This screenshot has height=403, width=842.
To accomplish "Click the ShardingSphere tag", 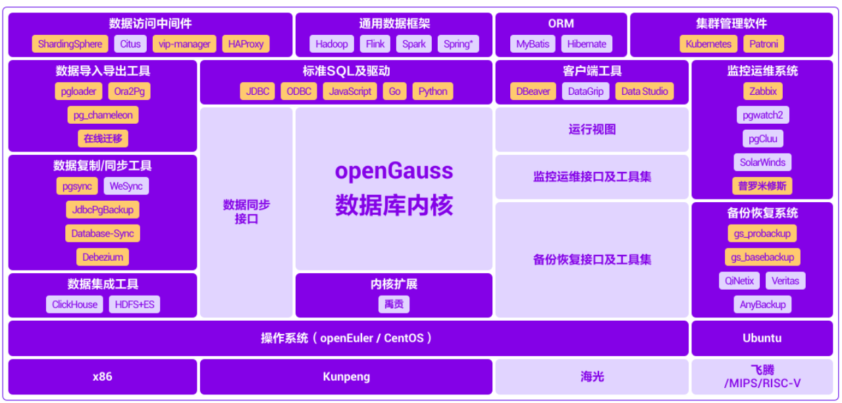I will tap(70, 44).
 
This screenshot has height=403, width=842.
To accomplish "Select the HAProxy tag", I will tap(246, 44).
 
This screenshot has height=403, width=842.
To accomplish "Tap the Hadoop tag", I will tap(331, 44).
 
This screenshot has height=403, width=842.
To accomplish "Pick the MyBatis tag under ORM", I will tap(532, 44).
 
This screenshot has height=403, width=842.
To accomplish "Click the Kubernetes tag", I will tap(708, 44).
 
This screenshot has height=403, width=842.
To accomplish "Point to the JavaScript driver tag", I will tap(350, 92).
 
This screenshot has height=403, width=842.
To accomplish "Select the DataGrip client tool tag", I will tap(585, 92).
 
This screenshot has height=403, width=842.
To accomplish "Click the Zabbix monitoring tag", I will tap(762, 92).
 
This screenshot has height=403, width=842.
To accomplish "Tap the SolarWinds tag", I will tap(762, 163).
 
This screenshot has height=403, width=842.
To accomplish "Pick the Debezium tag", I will tap(102, 257).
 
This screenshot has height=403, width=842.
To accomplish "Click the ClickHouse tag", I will tap(74, 304).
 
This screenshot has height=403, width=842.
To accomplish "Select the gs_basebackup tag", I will tap(762, 257).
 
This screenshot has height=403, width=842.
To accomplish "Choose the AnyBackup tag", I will tap(762, 304).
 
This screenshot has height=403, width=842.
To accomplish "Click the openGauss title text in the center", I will tap(394, 171).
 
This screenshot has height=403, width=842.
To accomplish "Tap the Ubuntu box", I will tap(762, 338).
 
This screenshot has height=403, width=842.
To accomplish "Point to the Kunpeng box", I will tap(346, 377).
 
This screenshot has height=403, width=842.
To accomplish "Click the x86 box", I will tap(102, 377).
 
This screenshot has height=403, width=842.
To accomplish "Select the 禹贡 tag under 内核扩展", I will tap(394, 304).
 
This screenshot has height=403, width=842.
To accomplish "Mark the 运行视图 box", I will tap(592, 130).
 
